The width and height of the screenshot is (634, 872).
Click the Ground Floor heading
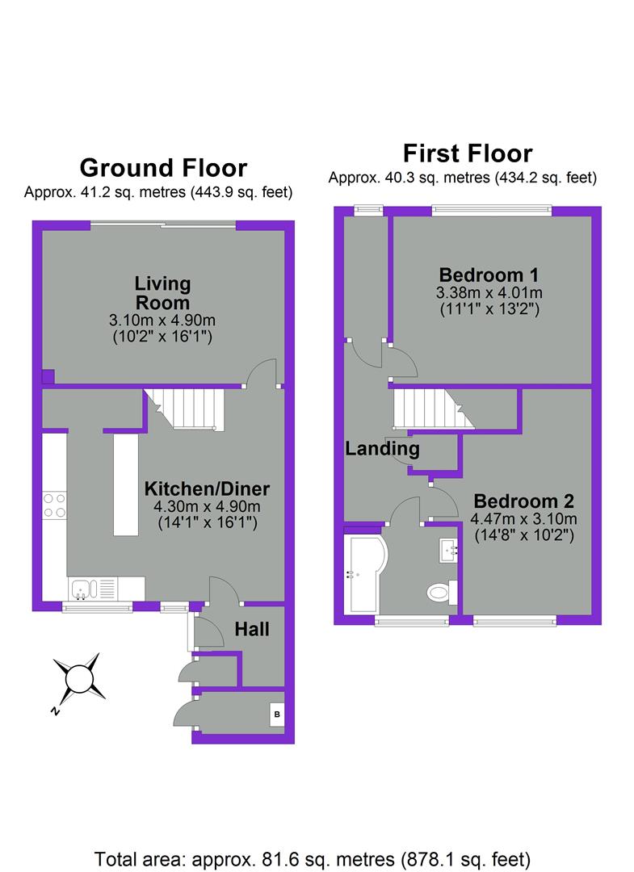tap(162, 168)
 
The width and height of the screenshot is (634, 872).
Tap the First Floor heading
tap(468, 153)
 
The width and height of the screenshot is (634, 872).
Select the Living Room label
tap(162, 293)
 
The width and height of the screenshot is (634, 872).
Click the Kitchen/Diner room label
tap(207, 488)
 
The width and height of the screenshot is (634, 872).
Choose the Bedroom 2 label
tap(523, 500)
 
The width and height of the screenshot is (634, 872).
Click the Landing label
tap(382, 449)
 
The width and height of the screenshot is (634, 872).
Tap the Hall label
tap(252, 629)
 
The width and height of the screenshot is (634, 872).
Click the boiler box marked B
tap(276, 715)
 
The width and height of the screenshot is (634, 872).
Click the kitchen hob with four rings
tap(55, 505)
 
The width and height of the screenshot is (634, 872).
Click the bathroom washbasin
tap(448, 551)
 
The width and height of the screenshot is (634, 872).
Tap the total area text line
tap(313, 857)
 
